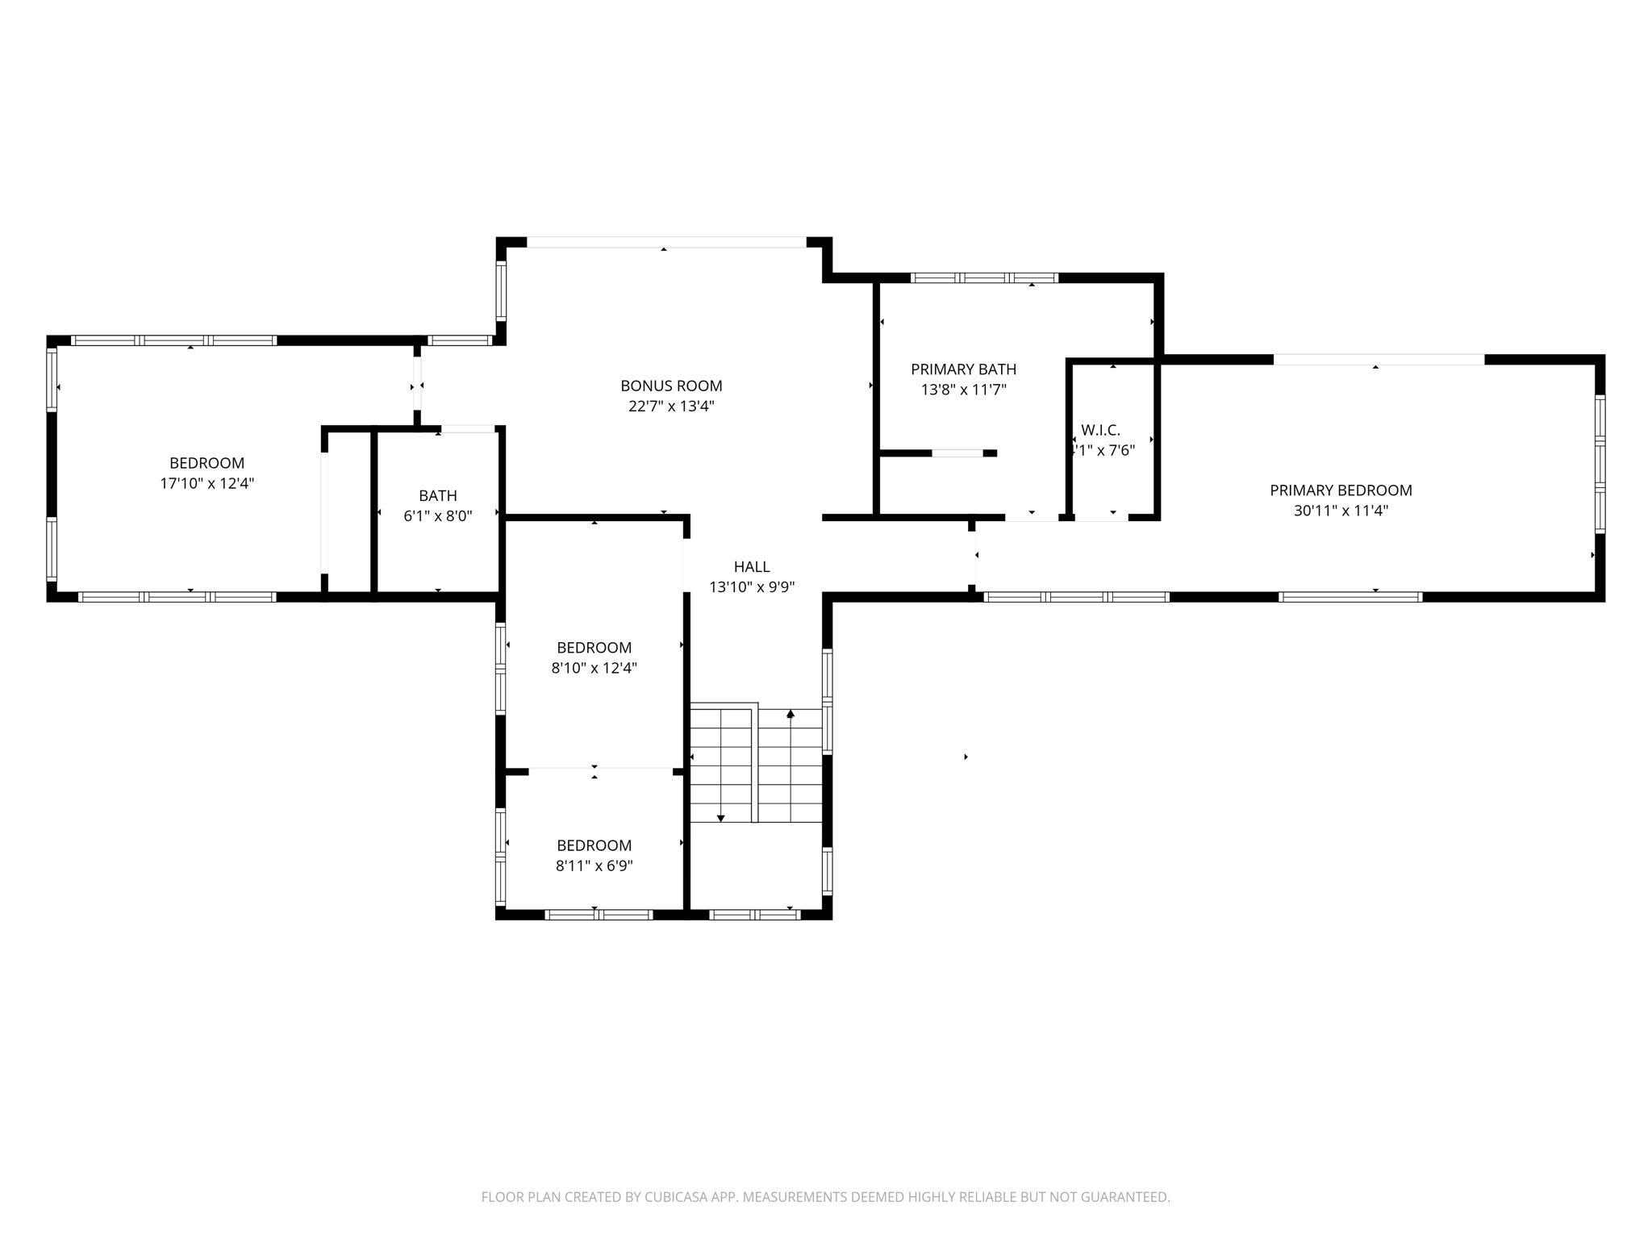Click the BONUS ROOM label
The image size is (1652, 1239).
pyautogui.click(x=671, y=386)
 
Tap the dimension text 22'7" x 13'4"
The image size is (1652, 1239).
pyautogui.click(x=671, y=407)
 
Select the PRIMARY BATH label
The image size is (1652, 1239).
pyautogui.click(x=963, y=369)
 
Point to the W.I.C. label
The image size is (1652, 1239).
pyautogui.click(x=1100, y=430)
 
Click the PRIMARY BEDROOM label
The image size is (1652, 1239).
pyautogui.click(x=1341, y=490)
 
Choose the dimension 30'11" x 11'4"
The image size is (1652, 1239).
pyautogui.click(x=1341, y=511)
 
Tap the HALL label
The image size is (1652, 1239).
pyautogui.click(x=752, y=567)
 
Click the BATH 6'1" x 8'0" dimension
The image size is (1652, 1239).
pyautogui.click(x=438, y=516)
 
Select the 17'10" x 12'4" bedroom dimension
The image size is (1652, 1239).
pyautogui.click(x=207, y=483)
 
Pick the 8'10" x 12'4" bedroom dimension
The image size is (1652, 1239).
pyautogui.click(x=594, y=668)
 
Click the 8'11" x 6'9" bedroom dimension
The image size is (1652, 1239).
pyautogui.click(x=594, y=866)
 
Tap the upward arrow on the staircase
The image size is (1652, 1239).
pyautogui.click(x=791, y=714)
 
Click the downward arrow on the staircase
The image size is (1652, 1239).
pyautogui.click(x=721, y=818)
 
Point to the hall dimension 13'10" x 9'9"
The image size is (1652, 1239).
pyautogui.click(x=752, y=587)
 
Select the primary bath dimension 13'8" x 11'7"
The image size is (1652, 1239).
pyautogui.click(x=963, y=390)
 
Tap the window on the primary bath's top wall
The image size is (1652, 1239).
pyautogui.click(x=984, y=277)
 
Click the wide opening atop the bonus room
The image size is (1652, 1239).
pyautogui.click(x=665, y=242)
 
